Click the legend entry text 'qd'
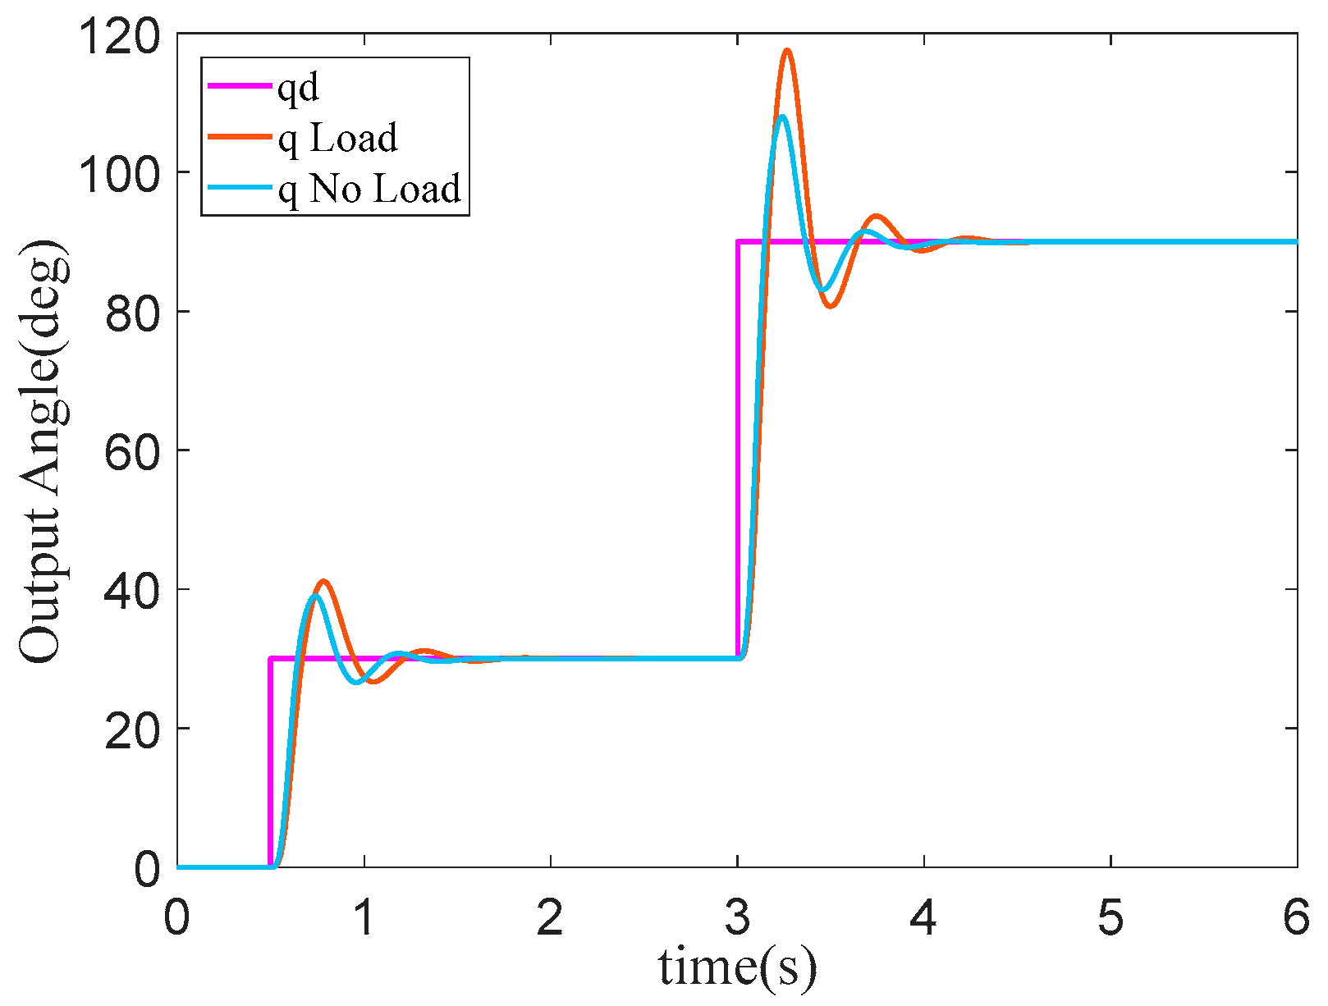[x=298, y=87]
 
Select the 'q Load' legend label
[x=338, y=138]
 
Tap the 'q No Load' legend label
[x=369, y=189]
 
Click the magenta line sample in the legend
[x=238, y=85]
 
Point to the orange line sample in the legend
[x=238, y=136]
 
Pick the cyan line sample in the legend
[x=238, y=187]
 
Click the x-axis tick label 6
[x=1296, y=917]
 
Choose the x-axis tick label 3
[x=737, y=917]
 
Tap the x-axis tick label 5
[x=1110, y=917]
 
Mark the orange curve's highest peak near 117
[x=787, y=51]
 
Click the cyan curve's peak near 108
[x=782, y=117]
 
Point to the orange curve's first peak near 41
[x=324, y=582]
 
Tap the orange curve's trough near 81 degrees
[x=831, y=306]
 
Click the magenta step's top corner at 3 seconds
[x=739, y=242]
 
